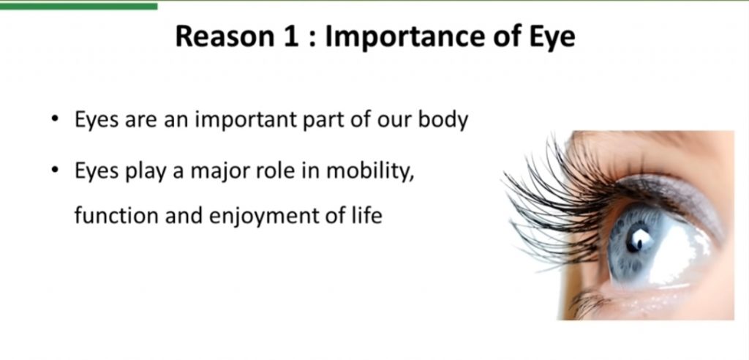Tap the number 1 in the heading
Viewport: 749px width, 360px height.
click(291, 37)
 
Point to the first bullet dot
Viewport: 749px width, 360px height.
click(56, 119)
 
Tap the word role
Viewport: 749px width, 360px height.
click(275, 171)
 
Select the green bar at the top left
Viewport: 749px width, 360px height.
click(79, 6)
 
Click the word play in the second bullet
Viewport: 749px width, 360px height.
click(146, 172)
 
